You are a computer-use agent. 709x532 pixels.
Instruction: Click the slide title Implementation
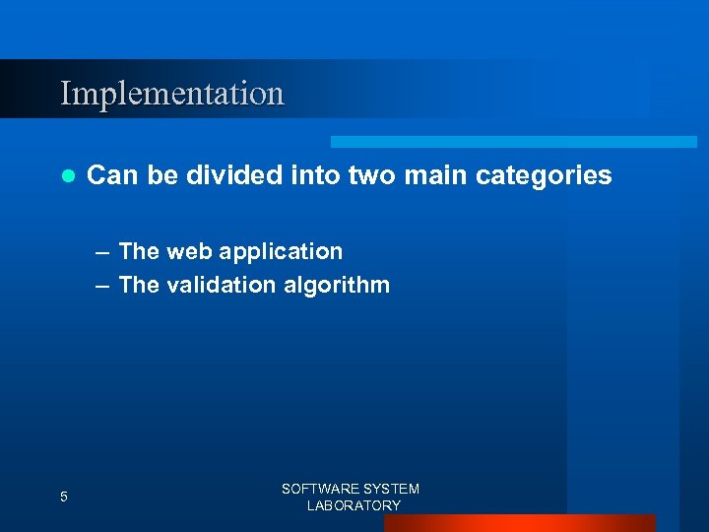pos(172,94)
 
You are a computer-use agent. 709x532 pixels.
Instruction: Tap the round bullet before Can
pos(67,176)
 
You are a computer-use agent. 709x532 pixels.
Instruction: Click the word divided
pos(235,175)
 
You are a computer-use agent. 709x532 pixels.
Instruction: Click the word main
pos(435,175)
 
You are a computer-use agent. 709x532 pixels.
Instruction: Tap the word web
pos(189,251)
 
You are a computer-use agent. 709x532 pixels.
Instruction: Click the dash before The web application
pos(103,252)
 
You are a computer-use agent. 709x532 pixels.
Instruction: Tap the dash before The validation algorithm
pos(103,286)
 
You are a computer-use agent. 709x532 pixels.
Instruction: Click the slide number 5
pos(64,498)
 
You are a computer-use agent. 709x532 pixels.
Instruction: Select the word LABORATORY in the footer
pos(354,505)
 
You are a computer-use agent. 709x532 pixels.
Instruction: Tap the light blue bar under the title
pos(513,142)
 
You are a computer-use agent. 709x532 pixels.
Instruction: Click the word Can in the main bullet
pos(108,175)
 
